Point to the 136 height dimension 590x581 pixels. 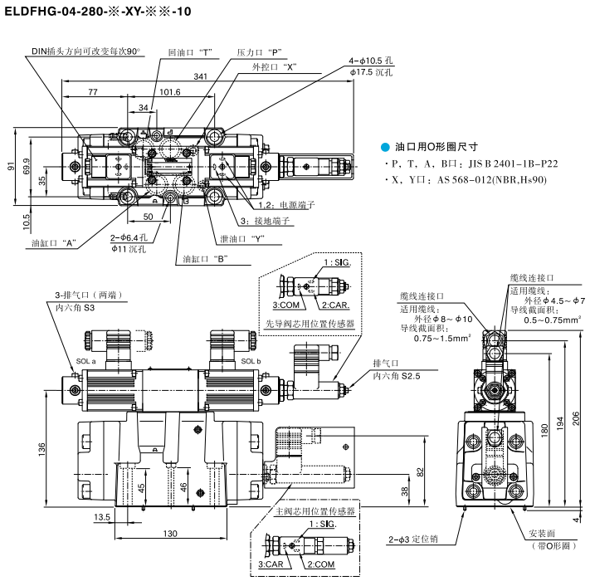(42, 448)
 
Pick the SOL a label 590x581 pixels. (87, 362)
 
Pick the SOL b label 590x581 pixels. (251, 362)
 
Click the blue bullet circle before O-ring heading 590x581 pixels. (384, 145)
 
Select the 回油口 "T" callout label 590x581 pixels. (190, 51)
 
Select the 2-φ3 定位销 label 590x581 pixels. (412, 539)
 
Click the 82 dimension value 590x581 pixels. (420, 471)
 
